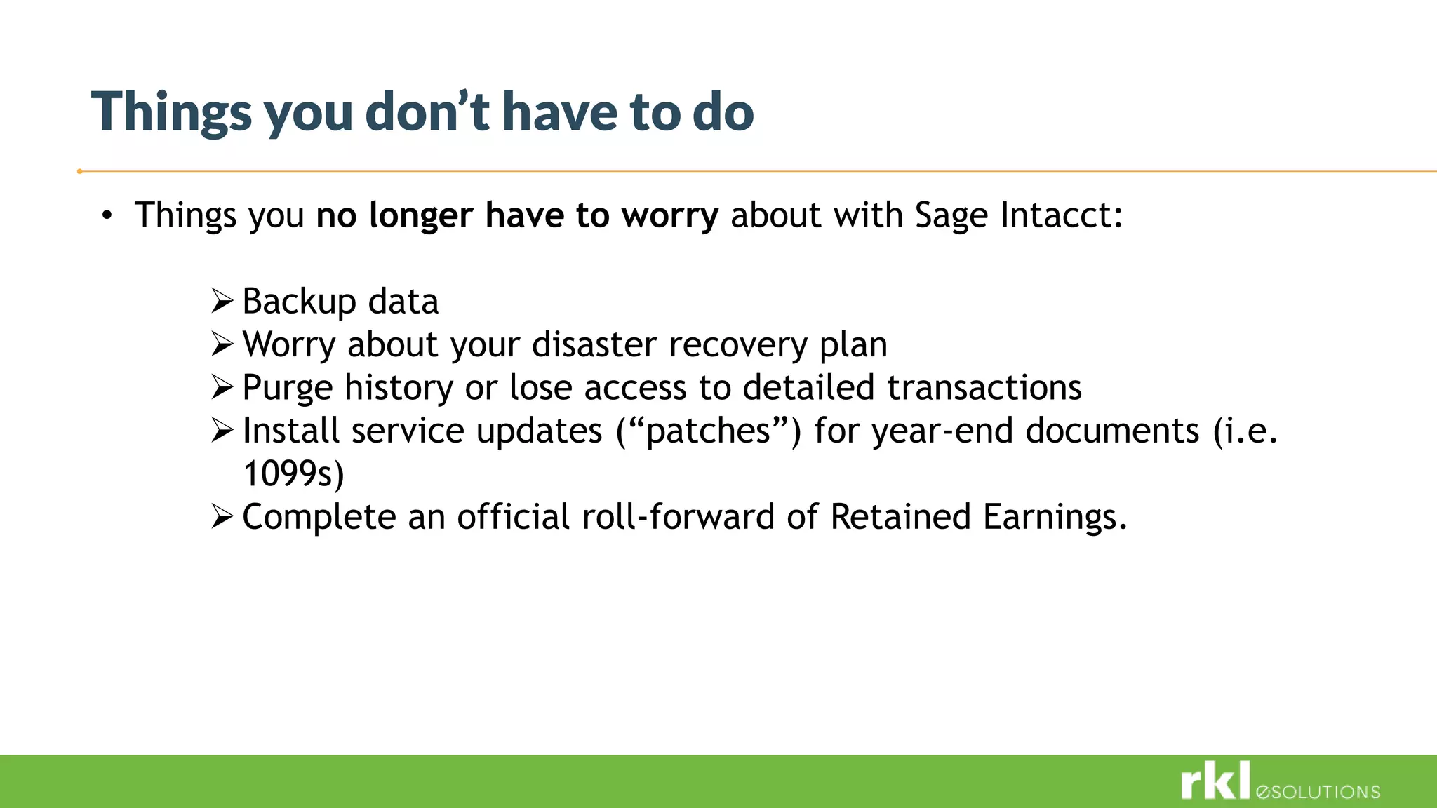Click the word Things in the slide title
(x=171, y=112)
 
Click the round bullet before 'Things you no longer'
(x=106, y=215)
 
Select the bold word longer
(x=420, y=215)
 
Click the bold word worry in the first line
(x=669, y=215)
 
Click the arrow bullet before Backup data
(x=222, y=302)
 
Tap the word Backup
(x=300, y=302)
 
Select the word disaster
(x=594, y=344)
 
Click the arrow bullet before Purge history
(x=222, y=387)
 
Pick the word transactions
(x=984, y=387)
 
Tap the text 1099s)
(x=293, y=473)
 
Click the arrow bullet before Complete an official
(x=222, y=517)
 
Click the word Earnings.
(x=1055, y=517)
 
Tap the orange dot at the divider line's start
(x=80, y=171)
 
